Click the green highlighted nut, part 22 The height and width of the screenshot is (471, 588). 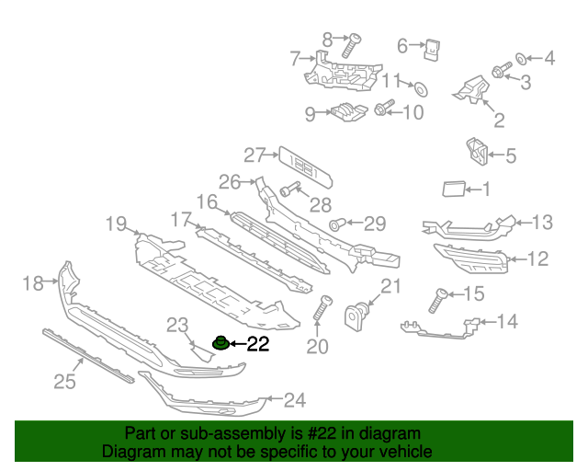click(x=220, y=344)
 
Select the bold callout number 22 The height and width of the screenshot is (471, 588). click(x=258, y=345)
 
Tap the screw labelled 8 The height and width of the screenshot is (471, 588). click(x=351, y=46)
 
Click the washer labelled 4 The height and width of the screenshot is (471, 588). click(x=520, y=59)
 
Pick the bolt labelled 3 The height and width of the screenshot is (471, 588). click(x=502, y=71)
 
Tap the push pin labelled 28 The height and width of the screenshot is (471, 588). click(x=288, y=190)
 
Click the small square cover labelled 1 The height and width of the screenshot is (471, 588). click(x=453, y=190)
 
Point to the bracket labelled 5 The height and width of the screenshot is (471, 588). click(x=476, y=152)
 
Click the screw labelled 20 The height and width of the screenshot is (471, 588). click(x=322, y=308)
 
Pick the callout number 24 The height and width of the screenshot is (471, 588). click(x=294, y=400)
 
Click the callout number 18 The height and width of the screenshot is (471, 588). click(x=32, y=283)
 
